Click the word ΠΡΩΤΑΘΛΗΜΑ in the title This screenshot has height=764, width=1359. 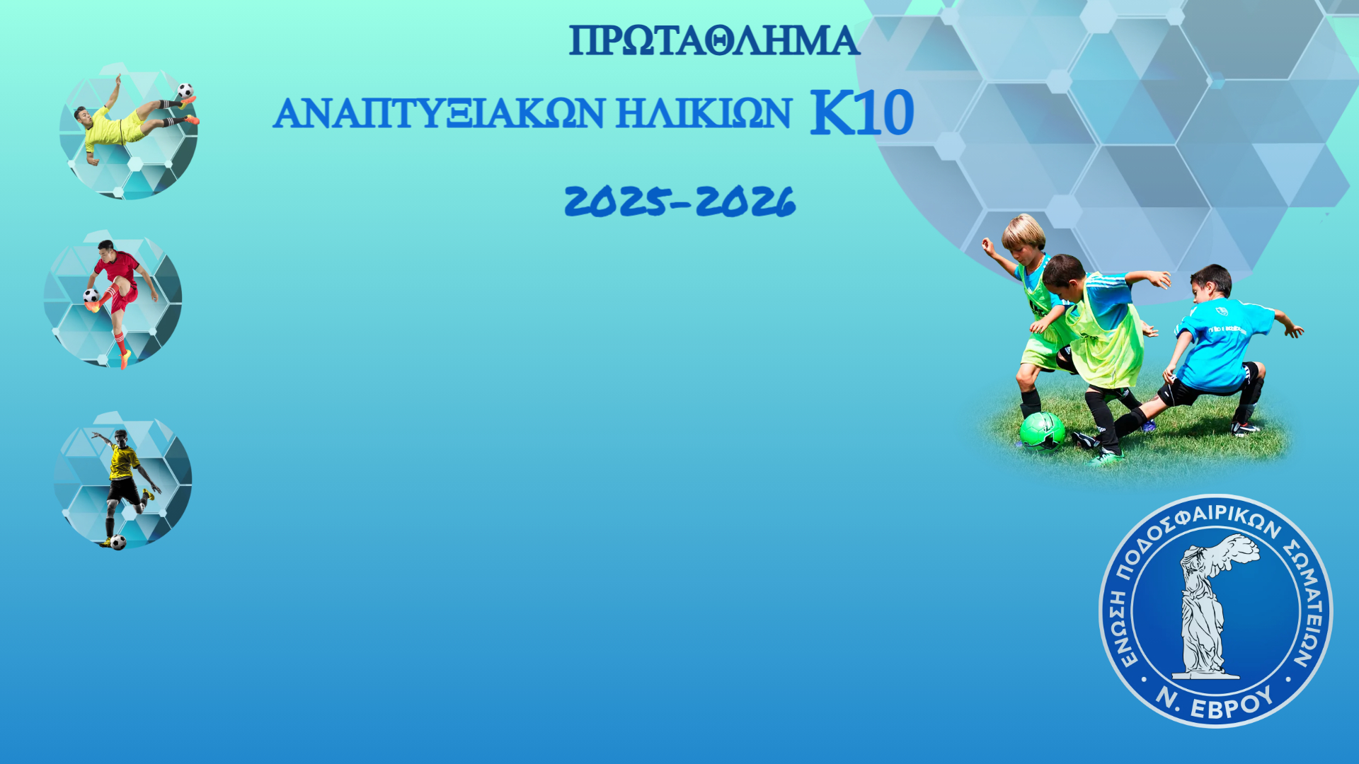click(714, 41)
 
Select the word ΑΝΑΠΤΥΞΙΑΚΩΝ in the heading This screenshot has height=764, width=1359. click(439, 113)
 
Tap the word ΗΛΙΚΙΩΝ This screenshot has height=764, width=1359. click(704, 113)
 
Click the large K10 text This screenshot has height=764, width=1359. click(862, 112)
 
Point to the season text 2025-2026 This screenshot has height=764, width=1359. click(680, 201)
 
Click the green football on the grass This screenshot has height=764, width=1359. click(1042, 431)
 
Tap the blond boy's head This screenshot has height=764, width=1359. click(1023, 233)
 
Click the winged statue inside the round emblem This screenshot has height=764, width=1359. click(1212, 606)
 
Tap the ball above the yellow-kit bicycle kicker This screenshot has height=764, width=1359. click(185, 91)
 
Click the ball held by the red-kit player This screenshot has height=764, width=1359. click(91, 296)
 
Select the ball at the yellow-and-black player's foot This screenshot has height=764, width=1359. click(119, 542)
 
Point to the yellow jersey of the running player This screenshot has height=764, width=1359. click(124, 461)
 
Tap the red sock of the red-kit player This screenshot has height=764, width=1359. click(120, 342)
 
